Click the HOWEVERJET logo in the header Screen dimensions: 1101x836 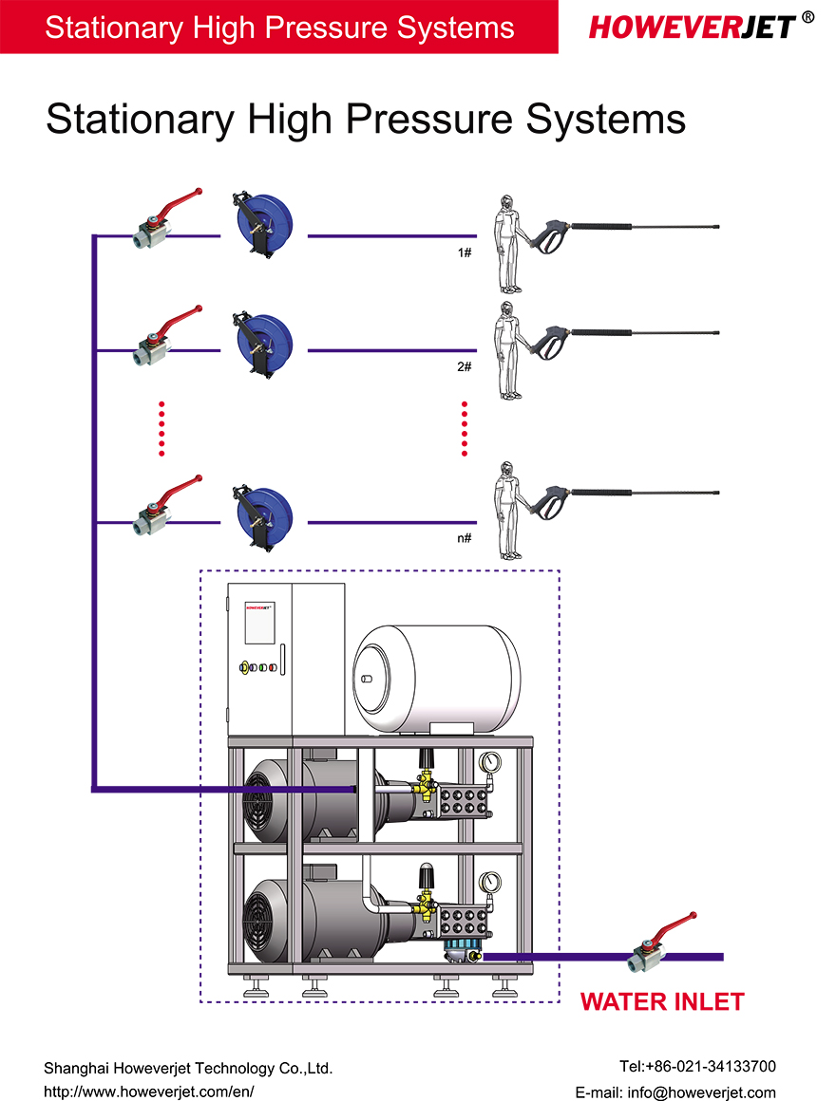[693, 26]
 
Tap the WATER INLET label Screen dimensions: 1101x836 [662, 1002]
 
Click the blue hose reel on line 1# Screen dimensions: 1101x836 [262, 224]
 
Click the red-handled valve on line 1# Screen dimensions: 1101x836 [161, 220]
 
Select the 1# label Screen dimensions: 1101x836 [465, 253]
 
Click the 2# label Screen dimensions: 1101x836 [465, 366]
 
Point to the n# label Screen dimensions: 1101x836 [465, 539]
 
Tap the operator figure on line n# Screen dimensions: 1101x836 [509, 513]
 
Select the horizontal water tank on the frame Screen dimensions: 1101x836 [436, 679]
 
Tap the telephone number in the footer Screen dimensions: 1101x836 [696, 1067]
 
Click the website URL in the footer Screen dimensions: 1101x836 [149, 1092]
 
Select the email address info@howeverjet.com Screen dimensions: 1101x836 [675, 1092]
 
